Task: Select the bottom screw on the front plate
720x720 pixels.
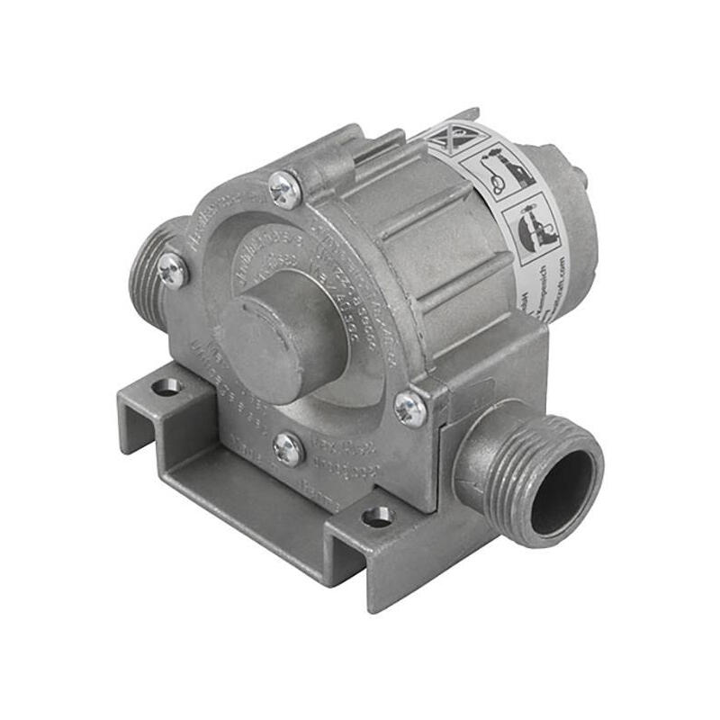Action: tap(288, 448)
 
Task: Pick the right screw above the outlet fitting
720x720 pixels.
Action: tap(409, 409)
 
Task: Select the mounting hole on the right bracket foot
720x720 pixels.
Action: tap(377, 517)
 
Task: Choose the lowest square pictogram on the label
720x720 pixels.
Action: tap(536, 225)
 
